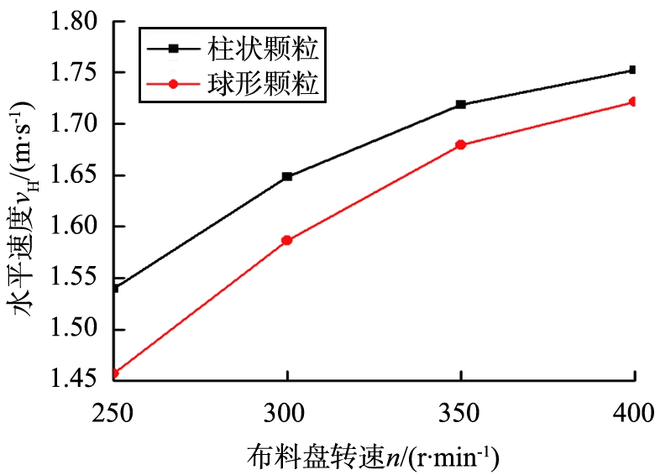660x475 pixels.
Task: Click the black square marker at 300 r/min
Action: point(287,176)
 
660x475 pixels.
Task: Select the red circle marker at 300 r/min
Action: point(287,240)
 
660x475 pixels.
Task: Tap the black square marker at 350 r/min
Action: point(460,105)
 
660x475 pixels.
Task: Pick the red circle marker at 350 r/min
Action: point(460,145)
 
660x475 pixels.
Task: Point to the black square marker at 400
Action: point(633,70)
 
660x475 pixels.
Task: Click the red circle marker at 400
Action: point(633,102)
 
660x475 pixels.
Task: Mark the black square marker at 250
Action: point(115,288)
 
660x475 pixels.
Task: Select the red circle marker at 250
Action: point(115,373)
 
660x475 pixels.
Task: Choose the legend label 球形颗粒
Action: point(263,85)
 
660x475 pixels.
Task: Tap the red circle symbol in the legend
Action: point(173,85)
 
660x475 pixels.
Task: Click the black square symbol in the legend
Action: point(173,50)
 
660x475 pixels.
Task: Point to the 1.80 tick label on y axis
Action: point(77,22)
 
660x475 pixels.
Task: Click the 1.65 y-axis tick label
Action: point(77,175)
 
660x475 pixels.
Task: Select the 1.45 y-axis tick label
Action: point(77,380)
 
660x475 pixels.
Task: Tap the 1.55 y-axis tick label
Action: point(77,278)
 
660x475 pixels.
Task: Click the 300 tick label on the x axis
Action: point(287,413)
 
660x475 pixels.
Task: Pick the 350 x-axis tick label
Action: point(460,413)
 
